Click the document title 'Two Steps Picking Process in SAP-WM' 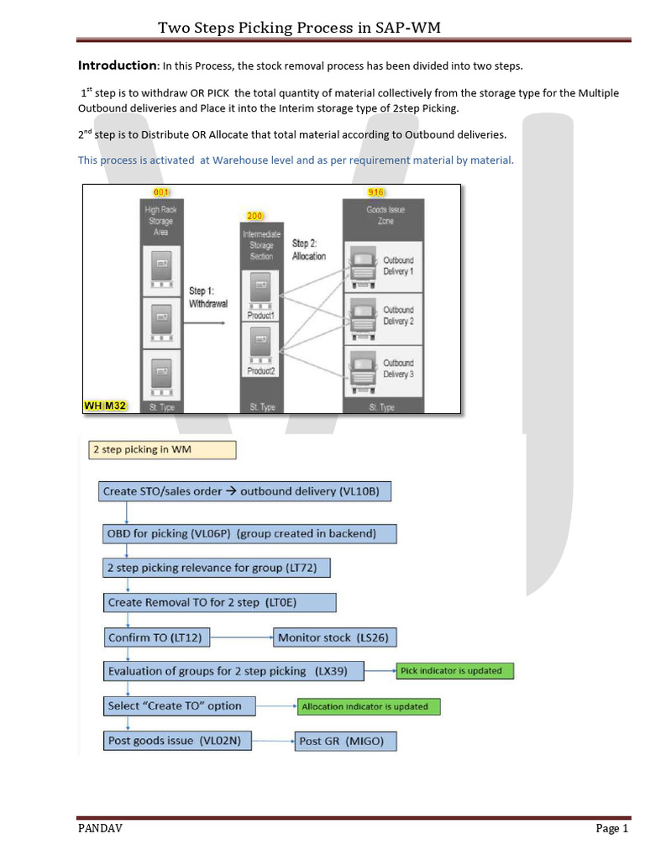(299, 29)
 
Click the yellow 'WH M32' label (105, 406)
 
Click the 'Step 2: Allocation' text (309, 249)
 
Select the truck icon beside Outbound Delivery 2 (362, 316)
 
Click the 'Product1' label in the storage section (260, 316)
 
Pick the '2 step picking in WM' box (162, 450)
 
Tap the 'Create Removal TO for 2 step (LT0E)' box (219, 602)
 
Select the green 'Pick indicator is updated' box (454, 671)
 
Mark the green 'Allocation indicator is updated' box (369, 706)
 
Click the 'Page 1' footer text (611, 829)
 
